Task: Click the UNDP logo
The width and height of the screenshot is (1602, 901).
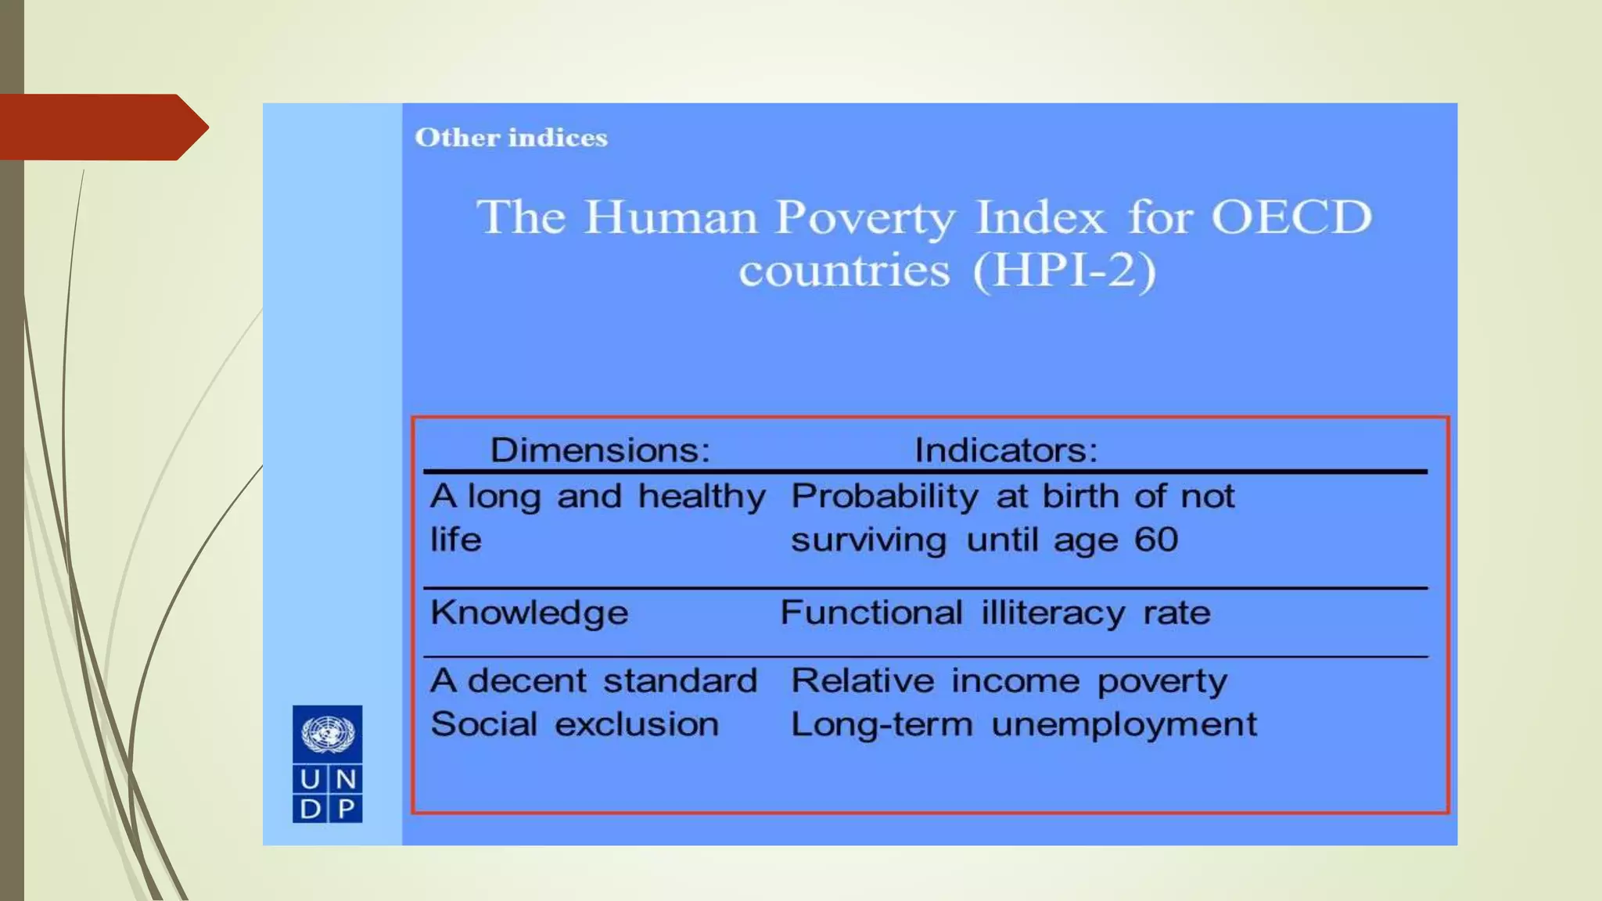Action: click(x=327, y=763)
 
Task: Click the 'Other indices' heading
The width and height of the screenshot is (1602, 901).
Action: click(x=511, y=138)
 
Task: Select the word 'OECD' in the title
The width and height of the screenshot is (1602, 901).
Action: click(x=1291, y=217)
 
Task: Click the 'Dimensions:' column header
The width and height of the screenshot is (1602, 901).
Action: click(x=600, y=450)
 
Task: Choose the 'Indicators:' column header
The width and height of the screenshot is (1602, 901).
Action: click(x=1006, y=450)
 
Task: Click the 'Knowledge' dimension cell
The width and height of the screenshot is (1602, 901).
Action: click(x=529, y=612)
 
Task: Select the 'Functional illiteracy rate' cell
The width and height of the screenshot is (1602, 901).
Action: click(x=995, y=612)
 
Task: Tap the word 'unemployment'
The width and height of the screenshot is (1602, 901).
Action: click(x=1124, y=725)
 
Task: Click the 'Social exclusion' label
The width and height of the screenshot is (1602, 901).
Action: click(x=574, y=724)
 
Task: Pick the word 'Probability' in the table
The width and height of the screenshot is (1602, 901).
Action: click(x=884, y=497)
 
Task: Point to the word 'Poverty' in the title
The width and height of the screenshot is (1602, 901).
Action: click(x=865, y=217)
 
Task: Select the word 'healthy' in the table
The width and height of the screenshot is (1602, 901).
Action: click(x=702, y=497)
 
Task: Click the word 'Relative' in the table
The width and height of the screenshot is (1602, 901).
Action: click(x=862, y=680)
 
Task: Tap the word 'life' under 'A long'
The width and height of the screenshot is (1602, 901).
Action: click(x=455, y=540)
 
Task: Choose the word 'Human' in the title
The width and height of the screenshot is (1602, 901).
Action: click(x=671, y=217)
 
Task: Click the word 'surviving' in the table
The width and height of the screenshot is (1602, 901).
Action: click(x=868, y=540)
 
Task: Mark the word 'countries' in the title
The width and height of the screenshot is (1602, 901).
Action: click(x=845, y=271)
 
